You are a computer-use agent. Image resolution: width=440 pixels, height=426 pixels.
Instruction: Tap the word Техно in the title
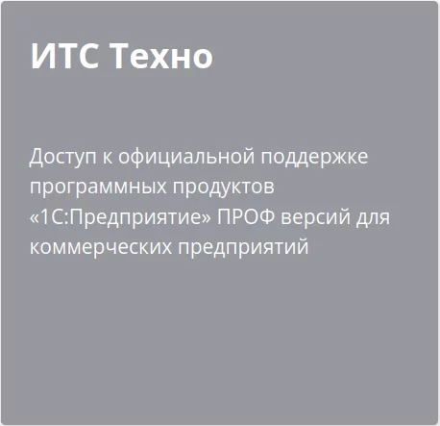click(x=161, y=57)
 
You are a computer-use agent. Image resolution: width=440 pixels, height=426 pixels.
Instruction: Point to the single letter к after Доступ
click(x=108, y=156)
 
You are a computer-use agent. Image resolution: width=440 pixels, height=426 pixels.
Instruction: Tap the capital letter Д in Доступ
click(x=37, y=156)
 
